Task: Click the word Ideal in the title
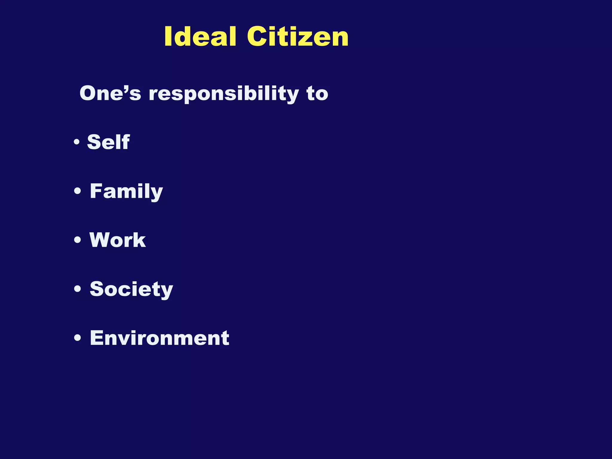201,36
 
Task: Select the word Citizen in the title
298,36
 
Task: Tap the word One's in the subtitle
110,93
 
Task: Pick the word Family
126,191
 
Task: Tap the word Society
131,289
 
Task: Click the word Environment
160,338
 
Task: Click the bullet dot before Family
77,191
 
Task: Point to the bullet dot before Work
77,240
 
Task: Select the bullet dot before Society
77,289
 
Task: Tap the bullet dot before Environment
77,338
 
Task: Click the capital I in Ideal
168,36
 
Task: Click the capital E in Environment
97,338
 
